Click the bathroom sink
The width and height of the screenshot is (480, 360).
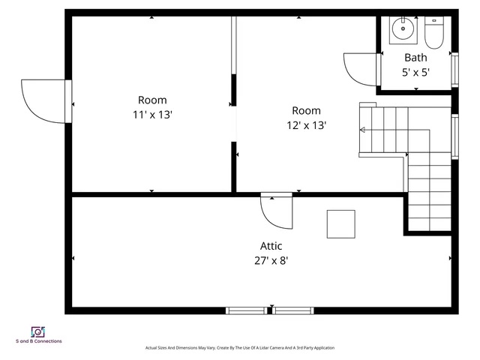pos(403,30)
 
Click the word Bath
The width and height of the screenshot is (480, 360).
pos(415,58)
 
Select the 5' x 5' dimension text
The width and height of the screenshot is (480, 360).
pos(415,73)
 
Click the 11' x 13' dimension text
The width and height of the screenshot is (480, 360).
pos(152,115)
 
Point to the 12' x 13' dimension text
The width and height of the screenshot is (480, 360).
pos(306,125)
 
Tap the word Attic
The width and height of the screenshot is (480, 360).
pos(271,245)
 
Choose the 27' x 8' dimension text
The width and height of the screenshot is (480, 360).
pos(271,260)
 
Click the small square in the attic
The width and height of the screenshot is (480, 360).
pos(340,223)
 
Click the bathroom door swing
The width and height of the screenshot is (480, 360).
pos(360,68)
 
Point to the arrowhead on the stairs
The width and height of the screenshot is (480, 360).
pos(363,130)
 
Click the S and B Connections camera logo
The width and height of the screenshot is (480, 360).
pos(38,331)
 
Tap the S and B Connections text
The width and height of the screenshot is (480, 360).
pos(39,341)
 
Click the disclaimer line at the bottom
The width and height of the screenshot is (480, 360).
pos(240,348)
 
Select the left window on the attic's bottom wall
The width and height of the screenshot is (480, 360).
pos(246,310)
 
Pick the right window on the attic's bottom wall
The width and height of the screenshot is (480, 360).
pos(293,310)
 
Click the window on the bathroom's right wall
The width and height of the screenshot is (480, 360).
pos(454,69)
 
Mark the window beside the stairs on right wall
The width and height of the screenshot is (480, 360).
pos(454,136)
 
